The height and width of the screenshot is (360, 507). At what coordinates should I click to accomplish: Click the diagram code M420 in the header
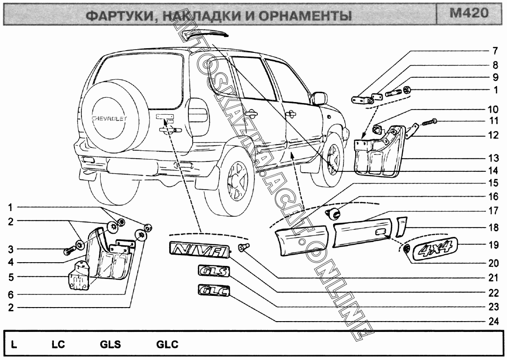(x=469, y=13)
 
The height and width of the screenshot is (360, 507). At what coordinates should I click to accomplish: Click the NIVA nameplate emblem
(x=199, y=250)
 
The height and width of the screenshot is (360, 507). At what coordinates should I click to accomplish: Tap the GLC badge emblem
(x=213, y=292)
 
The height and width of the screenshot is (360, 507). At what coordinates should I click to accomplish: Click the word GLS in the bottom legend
(x=111, y=345)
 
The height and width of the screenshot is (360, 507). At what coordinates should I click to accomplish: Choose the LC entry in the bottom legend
(x=58, y=345)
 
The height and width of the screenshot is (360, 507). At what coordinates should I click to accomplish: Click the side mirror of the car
(x=320, y=98)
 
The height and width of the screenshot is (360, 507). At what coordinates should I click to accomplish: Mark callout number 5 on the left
(x=10, y=277)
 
